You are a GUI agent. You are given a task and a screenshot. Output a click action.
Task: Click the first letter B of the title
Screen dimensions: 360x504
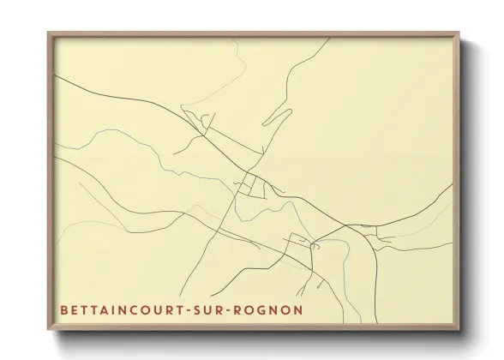coord(64,307)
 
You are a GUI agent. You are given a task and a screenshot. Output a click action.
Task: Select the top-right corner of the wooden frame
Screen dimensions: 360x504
coord(459,33)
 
